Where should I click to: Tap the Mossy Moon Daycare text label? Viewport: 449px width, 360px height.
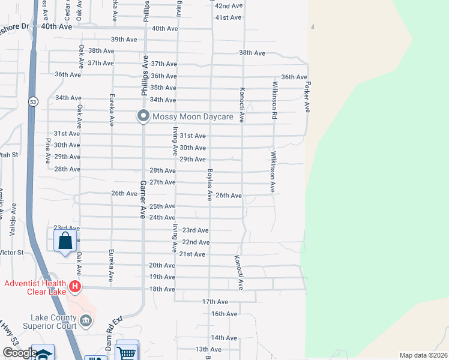192,116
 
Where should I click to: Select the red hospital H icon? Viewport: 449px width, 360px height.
74,287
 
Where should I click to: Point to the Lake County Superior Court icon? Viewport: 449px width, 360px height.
86,322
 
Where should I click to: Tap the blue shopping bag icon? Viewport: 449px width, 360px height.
65,242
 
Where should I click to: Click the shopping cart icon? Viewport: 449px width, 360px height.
127,353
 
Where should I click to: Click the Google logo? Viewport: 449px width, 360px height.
20,353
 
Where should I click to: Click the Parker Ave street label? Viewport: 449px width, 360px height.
307,97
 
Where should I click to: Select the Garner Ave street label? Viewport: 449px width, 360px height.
143,200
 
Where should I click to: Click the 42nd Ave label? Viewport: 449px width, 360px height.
229,5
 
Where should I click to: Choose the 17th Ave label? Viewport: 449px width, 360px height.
215,301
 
